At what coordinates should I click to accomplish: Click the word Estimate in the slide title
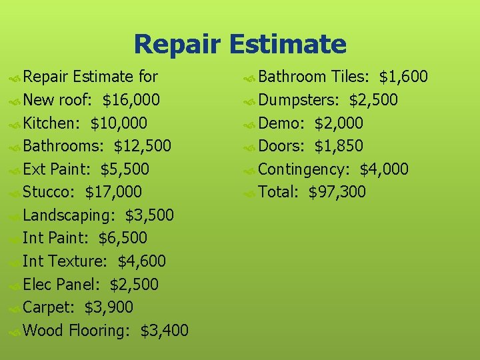click(287, 45)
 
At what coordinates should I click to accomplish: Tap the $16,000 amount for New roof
click(131, 101)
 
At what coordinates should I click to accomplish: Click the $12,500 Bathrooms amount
click(142, 147)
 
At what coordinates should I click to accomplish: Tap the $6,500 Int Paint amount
click(122, 239)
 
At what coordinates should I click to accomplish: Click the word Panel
click(78, 285)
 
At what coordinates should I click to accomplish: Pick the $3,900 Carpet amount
click(109, 307)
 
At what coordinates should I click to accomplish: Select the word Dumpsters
click(299, 101)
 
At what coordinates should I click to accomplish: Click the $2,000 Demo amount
click(339, 123)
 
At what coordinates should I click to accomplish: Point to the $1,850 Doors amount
click(339, 146)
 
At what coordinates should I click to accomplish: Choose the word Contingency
click(304, 170)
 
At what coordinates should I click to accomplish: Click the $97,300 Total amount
click(337, 193)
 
